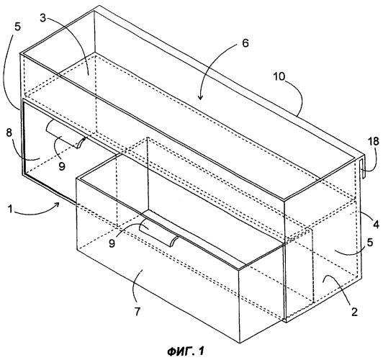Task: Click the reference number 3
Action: click(x=43, y=19)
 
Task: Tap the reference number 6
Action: click(x=245, y=43)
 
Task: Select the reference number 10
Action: click(x=279, y=77)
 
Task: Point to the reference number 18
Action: click(x=374, y=142)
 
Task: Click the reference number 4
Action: click(x=376, y=225)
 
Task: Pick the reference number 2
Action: click(x=354, y=312)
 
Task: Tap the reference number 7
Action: click(x=138, y=311)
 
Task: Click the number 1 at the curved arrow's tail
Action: click(x=10, y=210)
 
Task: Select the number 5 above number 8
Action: click(x=17, y=27)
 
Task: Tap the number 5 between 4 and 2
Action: click(x=369, y=243)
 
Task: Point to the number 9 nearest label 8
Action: click(x=62, y=166)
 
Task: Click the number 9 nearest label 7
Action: click(x=112, y=243)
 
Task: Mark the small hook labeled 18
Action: click(x=362, y=168)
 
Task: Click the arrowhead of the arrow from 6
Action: click(x=200, y=97)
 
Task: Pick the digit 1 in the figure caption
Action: click(x=201, y=351)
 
